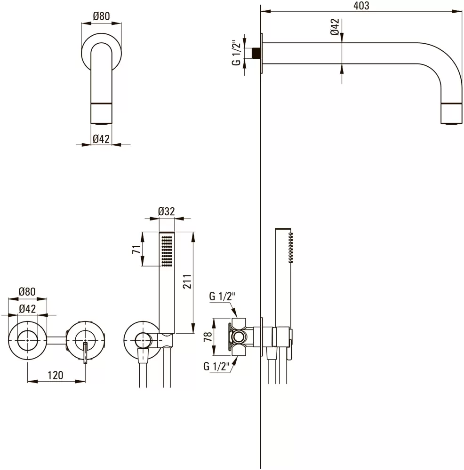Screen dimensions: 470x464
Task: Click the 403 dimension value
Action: coord(361,6)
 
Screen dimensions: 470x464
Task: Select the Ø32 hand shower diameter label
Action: coord(166,211)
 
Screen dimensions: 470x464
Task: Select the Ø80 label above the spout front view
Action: coord(101,16)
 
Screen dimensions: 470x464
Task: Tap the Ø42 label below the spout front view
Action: coord(101,138)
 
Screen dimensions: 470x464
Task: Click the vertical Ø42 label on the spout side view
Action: coord(334,27)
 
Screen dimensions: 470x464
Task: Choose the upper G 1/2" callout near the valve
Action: coord(222,297)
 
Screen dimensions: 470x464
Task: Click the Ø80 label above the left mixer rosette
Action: coord(27,292)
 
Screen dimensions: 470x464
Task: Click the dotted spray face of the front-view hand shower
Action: coord(167,250)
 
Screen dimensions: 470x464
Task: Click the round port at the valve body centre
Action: coord(240,337)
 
